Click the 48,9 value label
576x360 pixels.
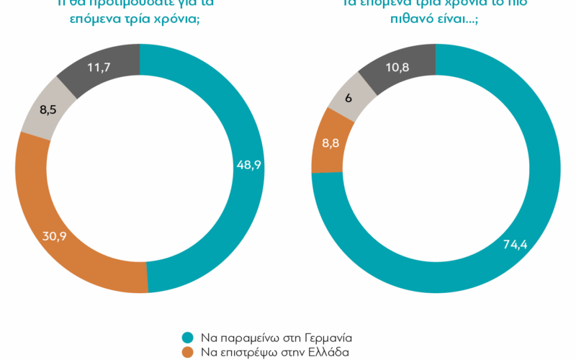(x=249, y=165)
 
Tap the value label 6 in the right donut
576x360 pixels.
(x=348, y=98)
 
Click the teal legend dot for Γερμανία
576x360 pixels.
(x=188, y=337)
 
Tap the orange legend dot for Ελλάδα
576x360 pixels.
(x=188, y=352)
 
